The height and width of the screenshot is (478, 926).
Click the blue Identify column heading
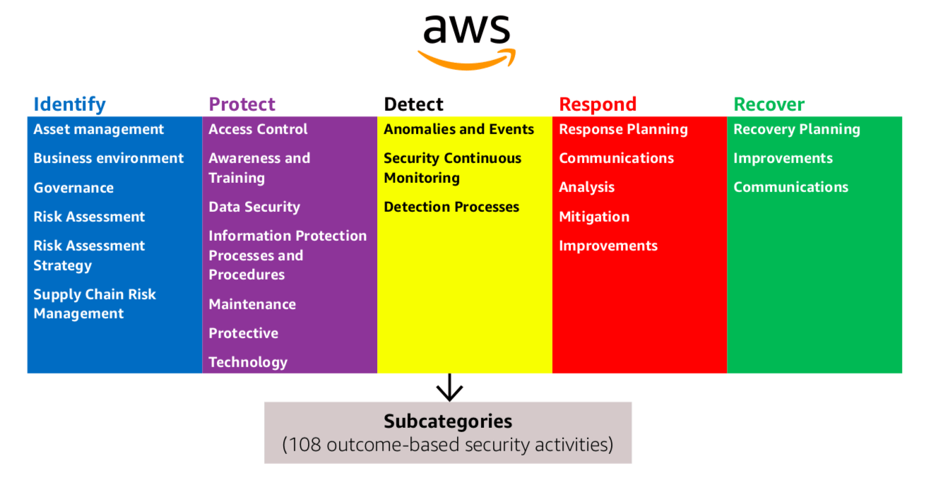click(x=69, y=104)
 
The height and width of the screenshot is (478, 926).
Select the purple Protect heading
click(x=242, y=104)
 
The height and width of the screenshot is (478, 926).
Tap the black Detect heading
click(x=413, y=104)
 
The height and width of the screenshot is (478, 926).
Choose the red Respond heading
click(x=598, y=104)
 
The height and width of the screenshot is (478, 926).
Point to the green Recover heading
click(x=768, y=104)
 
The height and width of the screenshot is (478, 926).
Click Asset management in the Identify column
click(x=98, y=129)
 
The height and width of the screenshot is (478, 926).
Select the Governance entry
click(x=73, y=188)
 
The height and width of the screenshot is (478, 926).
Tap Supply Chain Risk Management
click(x=95, y=304)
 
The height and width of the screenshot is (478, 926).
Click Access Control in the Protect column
click(x=258, y=129)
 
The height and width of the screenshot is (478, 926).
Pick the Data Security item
click(x=254, y=207)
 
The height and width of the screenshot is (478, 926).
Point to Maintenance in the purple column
click(x=252, y=304)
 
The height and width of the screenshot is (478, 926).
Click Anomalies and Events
click(x=458, y=129)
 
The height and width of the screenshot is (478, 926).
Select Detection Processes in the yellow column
click(x=451, y=207)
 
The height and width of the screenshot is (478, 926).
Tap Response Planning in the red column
click(x=623, y=129)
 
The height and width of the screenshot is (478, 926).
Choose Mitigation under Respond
click(x=594, y=217)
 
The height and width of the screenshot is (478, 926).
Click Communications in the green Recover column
click(x=790, y=187)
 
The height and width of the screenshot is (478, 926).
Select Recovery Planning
click(x=797, y=129)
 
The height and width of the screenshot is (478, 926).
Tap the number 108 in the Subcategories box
click(x=305, y=446)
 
